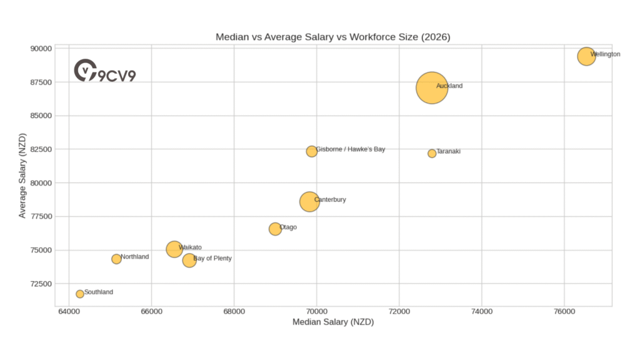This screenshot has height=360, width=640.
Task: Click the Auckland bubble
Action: [x=431, y=88]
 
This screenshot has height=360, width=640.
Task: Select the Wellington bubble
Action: [x=586, y=56]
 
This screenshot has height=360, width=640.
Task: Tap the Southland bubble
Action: [x=80, y=294]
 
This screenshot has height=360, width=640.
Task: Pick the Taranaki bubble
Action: [x=432, y=154]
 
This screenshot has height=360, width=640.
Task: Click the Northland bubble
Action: [x=116, y=259]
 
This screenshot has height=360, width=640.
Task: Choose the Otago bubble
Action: [x=275, y=229]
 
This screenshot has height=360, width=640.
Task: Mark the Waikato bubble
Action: [x=174, y=249]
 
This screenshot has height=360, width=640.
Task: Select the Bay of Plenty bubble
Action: [x=189, y=261]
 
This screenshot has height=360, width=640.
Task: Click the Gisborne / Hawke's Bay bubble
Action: [x=312, y=151]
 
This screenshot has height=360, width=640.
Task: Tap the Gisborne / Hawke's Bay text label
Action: [x=351, y=149]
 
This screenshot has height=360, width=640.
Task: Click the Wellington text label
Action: [x=605, y=54]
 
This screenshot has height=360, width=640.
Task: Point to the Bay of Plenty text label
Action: [x=212, y=258]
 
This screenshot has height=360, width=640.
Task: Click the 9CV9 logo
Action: [x=104, y=71]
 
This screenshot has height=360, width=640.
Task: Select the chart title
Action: [x=332, y=37]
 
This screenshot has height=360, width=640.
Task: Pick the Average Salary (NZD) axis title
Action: [x=22, y=176]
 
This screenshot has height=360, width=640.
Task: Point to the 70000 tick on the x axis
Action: [x=316, y=311]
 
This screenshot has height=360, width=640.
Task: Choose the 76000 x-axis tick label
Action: [x=564, y=311]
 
